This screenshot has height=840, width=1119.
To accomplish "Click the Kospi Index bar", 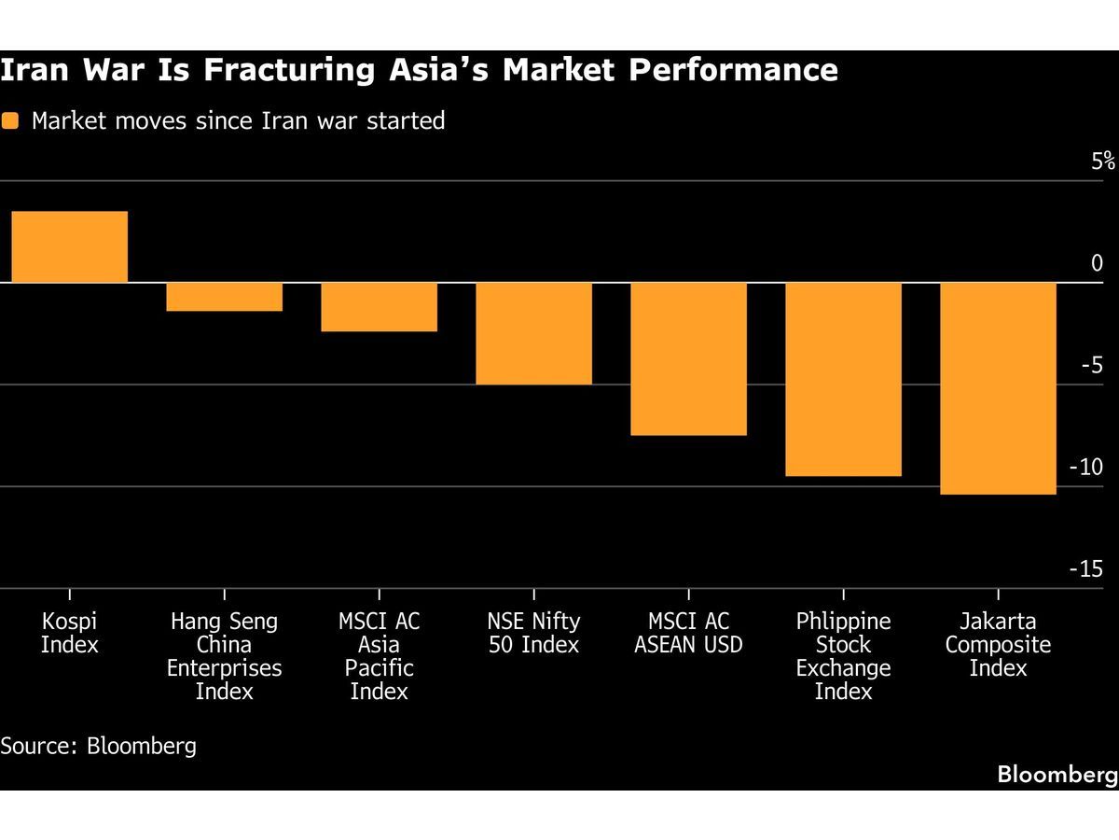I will pyautogui.click(x=69, y=247).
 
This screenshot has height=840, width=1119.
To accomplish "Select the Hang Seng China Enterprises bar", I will pyautogui.click(x=224, y=297).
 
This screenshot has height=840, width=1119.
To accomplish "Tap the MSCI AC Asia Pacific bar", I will pyautogui.click(x=379, y=307).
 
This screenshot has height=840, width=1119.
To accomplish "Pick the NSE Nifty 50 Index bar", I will pyautogui.click(x=533, y=333).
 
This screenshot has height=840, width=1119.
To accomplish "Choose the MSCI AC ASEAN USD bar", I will pyautogui.click(x=688, y=358).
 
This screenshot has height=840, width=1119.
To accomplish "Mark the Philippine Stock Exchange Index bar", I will pyautogui.click(x=843, y=379).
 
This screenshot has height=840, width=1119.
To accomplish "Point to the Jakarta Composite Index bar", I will pyautogui.click(x=998, y=388).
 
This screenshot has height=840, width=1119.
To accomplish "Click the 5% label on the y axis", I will pyautogui.click(x=1103, y=161).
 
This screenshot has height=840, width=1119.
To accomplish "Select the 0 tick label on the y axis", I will pyautogui.click(x=1097, y=263).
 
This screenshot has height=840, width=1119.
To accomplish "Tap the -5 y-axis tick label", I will pyautogui.click(x=1090, y=365).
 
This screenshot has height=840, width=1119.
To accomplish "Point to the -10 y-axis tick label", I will pyautogui.click(x=1084, y=467).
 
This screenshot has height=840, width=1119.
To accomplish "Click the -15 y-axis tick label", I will pyautogui.click(x=1084, y=568).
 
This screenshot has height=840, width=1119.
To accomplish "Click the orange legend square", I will pyautogui.click(x=10, y=120).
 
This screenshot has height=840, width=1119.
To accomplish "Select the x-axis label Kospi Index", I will pyautogui.click(x=70, y=633).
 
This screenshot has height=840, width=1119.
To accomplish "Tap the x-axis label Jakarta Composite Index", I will pyautogui.click(x=998, y=644).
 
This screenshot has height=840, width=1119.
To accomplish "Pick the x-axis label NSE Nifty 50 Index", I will pyautogui.click(x=533, y=633).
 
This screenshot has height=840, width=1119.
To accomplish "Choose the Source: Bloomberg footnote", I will pyautogui.click(x=98, y=746).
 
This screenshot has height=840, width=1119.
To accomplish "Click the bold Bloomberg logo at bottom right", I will pyautogui.click(x=1057, y=774).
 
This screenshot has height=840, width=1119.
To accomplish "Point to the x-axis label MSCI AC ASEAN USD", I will pyautogui.click(x=688, y=633).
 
